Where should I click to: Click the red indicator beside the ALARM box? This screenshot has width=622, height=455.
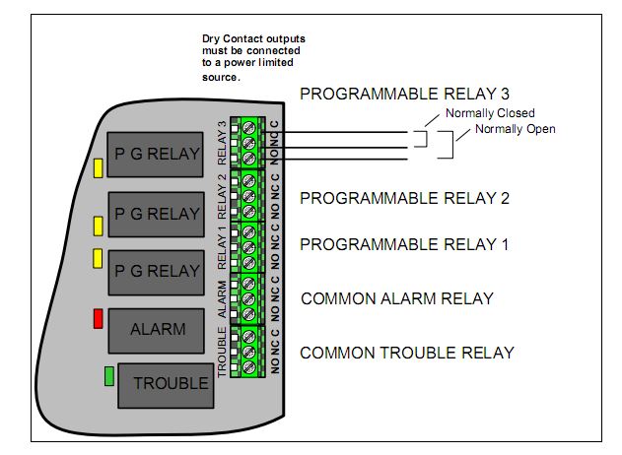pos(98,319)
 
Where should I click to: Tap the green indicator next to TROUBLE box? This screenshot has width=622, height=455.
pos(109,375)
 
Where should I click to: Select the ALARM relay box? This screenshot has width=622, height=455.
pos(157,330)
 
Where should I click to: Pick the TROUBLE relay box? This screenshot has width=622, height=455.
pos(165,384)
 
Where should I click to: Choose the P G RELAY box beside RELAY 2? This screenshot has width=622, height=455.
pos(157,214)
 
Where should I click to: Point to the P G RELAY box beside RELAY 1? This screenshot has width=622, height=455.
pos(157,271)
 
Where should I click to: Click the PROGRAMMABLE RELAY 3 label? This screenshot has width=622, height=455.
pos(404,95)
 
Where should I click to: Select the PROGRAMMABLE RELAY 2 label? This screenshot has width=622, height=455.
pos(404,198)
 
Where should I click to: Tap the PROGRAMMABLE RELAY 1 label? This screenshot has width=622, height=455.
pos(404,244)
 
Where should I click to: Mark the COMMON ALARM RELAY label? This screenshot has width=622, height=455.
pos(396,299)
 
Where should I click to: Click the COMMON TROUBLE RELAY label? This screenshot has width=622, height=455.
pos(406,353)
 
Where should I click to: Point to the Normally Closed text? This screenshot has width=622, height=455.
pos(475,113)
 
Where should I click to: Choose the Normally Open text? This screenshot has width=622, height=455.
pos(515,129)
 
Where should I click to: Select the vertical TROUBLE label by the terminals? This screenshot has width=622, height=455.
pos(223,353)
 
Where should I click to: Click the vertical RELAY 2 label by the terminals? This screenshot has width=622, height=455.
pos(223,195)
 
